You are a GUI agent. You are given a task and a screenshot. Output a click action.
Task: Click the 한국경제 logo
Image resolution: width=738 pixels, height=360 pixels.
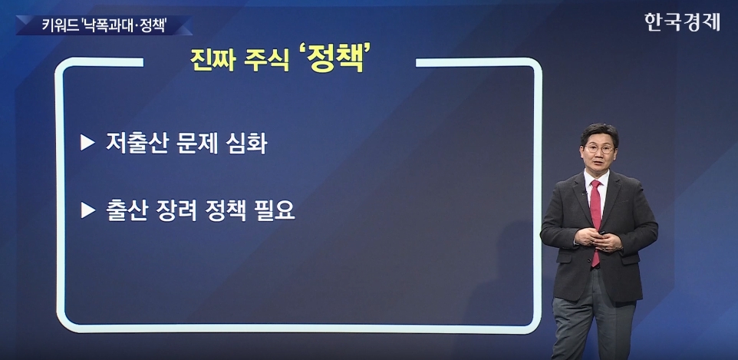coord(682,22)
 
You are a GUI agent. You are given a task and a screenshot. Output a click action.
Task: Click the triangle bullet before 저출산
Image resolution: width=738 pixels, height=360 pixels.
coord(87,143)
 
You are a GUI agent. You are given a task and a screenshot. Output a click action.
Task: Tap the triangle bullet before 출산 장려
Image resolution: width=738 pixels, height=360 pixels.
coord(87,210)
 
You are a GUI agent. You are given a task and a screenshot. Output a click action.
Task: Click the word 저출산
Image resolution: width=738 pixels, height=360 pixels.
coord(137,144)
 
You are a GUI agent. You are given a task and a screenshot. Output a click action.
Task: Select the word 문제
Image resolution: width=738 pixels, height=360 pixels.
coord(197,144)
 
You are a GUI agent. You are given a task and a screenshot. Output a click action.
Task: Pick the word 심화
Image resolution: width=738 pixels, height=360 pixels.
coord(246,144)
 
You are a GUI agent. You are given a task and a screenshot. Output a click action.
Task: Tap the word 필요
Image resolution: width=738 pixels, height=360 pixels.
coord(275,210)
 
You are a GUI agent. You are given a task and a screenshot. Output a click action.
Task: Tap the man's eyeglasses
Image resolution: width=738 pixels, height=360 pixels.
coord(599,149)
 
